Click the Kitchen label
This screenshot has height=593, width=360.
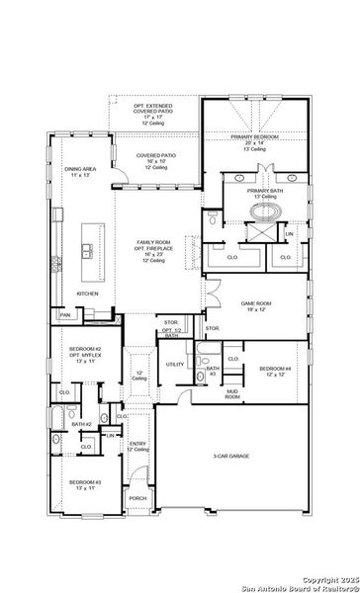pyautogui.click(x=88, y=294)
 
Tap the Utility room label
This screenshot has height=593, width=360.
pyautogui.click(x=175, y=365)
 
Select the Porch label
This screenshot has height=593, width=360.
pyautogui.click(x=137, y=498)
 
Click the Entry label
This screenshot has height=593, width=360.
pyautogui.click(x=137, y=446)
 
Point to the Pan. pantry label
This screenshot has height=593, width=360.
pyautogui.click(x=64, y=314)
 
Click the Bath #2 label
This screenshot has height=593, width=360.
pyautogui.click(x=82, y=424)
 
